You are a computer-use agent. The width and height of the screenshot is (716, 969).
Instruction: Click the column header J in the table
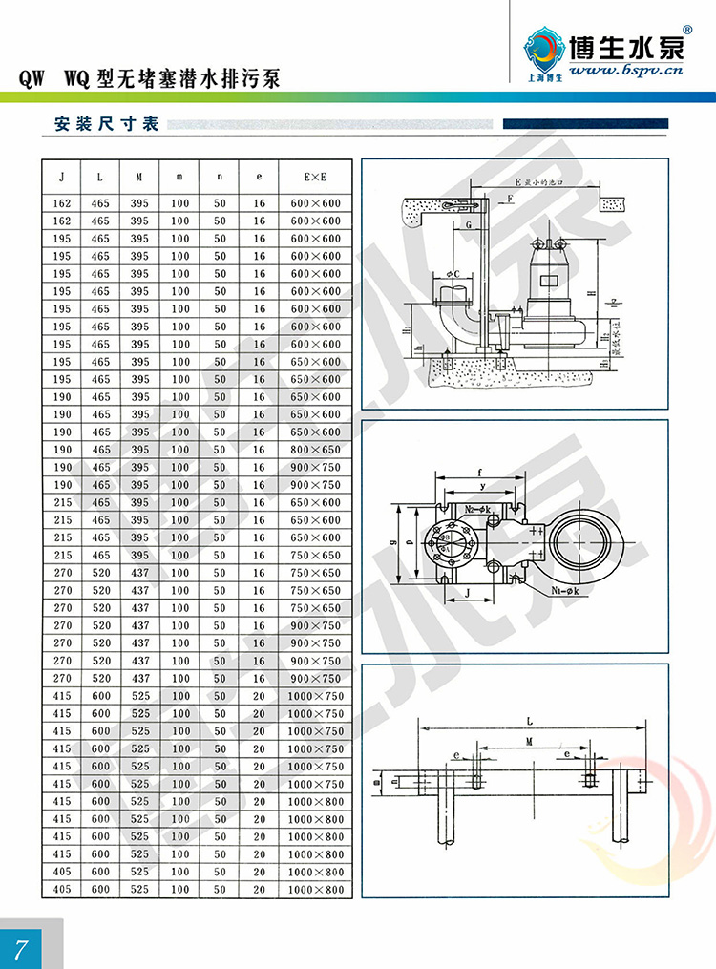62,177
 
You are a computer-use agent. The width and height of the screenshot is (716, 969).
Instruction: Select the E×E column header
314,177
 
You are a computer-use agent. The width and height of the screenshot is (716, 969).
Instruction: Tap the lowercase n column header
220,177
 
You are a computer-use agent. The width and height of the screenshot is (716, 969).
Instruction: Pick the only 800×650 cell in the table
314,450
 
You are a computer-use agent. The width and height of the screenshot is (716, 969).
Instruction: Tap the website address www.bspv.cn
624,71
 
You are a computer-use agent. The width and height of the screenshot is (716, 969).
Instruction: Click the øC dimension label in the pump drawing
454,273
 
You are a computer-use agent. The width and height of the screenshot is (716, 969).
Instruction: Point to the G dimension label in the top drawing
469,222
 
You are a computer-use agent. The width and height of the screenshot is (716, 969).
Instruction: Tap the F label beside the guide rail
511,199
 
